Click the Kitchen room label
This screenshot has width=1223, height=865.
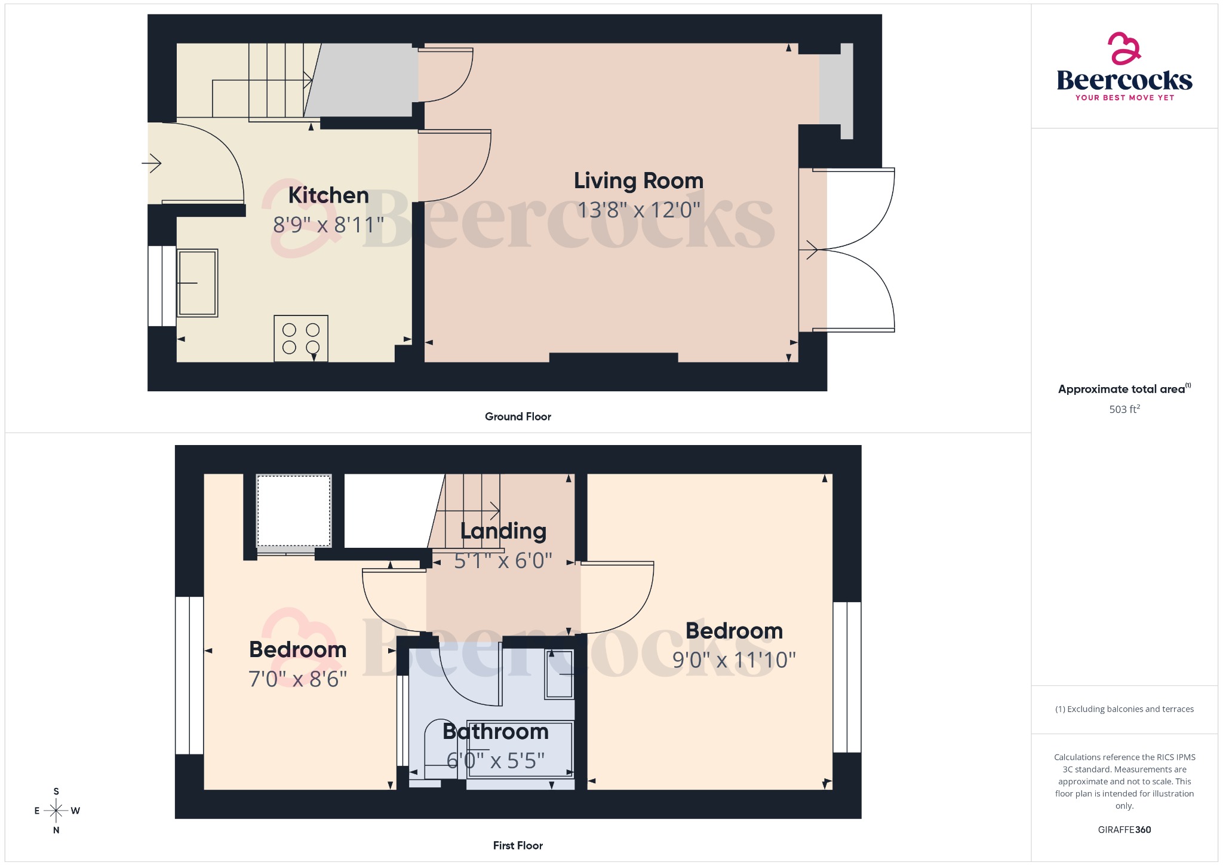coord(328,195)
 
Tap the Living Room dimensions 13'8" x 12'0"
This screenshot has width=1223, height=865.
coord(638,210)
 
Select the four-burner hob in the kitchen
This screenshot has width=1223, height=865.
coord(301,338)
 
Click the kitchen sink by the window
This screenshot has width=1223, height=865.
coord(197,283)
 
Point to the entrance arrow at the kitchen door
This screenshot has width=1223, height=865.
coord(152,162)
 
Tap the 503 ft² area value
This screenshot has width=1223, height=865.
coord(1124,409)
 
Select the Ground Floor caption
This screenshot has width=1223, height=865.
coord(518,416)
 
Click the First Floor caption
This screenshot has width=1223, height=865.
coord(518,845)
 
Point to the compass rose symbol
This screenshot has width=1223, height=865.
coord(56,811)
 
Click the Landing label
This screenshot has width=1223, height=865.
coord(503,531)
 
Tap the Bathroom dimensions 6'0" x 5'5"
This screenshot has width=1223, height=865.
coord(496,760)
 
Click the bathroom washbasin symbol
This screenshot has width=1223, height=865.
coord(559,674)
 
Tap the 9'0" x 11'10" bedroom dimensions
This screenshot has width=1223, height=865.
coord(734,660)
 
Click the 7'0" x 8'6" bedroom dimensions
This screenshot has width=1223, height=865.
coord(297,679)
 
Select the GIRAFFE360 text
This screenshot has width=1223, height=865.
coord(1124,830)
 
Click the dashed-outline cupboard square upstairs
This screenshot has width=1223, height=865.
coord(294,511)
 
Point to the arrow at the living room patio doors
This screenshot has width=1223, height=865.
coord(811,249)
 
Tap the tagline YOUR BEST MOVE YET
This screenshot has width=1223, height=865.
coord(1124,97)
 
